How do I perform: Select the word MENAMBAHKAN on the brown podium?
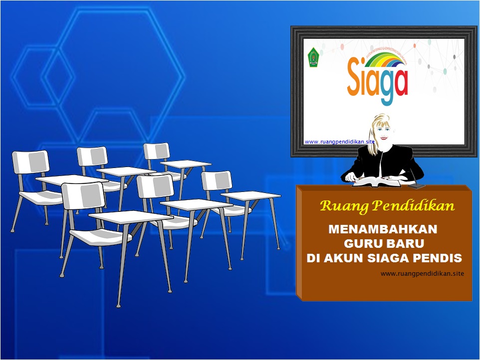pyautogui.click(x=383, y=230)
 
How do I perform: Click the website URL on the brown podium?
pyautogui.click(x=422, y=273)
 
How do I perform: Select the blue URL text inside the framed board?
pyautogui.click(x=339, y=142)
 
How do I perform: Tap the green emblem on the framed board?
pyautogui.click(x=313, y=57)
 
